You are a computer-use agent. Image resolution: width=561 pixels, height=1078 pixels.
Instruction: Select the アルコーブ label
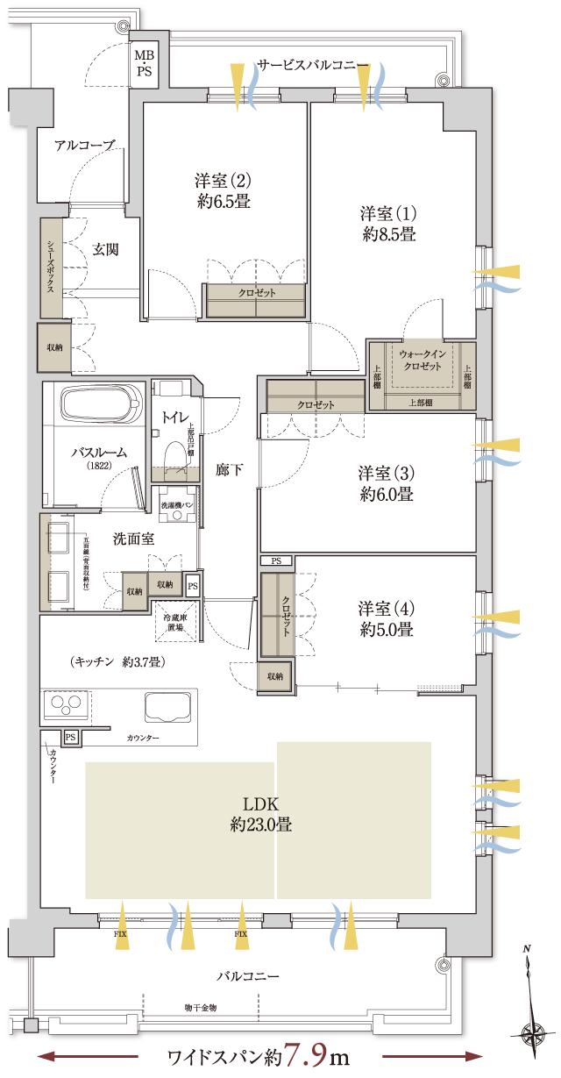[84, 146]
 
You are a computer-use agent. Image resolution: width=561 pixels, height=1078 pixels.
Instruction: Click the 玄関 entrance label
[105, 249]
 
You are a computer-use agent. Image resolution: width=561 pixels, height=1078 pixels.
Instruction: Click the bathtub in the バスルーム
[101, 406]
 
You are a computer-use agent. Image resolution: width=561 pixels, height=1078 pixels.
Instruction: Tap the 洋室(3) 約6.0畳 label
[386, 482]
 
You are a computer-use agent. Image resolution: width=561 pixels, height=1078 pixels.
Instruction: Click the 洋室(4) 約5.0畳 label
[386, 618]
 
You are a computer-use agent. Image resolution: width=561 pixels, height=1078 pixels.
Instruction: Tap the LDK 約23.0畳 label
[261, 813]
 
